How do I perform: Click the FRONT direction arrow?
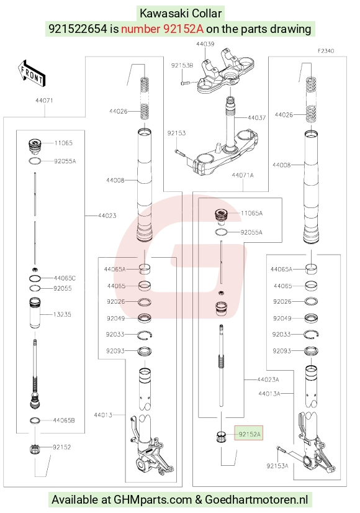[x=32, y=73]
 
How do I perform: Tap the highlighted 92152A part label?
[x=249, y=434]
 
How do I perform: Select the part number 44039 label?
[x=205, y=44]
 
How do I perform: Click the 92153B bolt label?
[x=182, y=65]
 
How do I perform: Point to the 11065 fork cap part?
[x=35, y=146]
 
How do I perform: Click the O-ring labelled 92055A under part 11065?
[x=35, y=161]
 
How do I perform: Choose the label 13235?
[x=62, y=314]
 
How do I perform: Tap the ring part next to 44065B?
[x=35, y=420]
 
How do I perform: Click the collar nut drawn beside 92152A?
[x=222, y=437]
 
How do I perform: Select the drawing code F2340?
[x=326, y=51]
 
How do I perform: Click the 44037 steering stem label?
[x=257, y=117]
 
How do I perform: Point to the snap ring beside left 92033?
[x=145, y=335]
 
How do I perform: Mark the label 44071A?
[x=243, y=175]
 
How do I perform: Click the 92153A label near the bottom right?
[x=277, y=466]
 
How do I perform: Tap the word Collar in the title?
[x=207, y=14]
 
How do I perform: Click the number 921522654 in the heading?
[x=78, y=29]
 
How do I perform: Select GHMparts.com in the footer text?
[x=152, y=499]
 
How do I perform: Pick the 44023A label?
[x=268, y=379]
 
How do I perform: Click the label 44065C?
[x=65, y=278]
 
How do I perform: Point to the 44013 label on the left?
[x=103, y=415]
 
